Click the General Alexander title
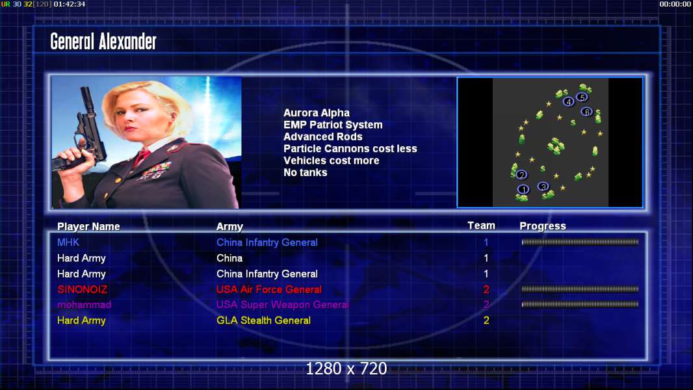(x=103, y=42)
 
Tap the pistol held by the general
(x=84, y=133)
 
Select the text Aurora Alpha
(x=317, y=113)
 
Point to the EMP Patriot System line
(x=333, y=125)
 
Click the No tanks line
(x=306, y=173)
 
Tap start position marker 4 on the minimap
(x=568, y=102)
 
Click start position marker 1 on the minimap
(x=523, y=190)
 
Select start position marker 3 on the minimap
(x=543, y=187)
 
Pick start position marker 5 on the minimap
(x=582, y=97)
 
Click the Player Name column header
(x=88, y=227)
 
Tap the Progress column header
(x=543, y=226)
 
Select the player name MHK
(x=68, y=242)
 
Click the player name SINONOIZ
(x=82, y=290)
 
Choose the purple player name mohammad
(x=84, y=305)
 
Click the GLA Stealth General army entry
(x=263, y=320)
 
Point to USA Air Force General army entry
(x=268, y=290)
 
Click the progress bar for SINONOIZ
(x=580, y=289)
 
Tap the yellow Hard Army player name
(x=81, y=320)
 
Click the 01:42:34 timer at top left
(x=70, y=4)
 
